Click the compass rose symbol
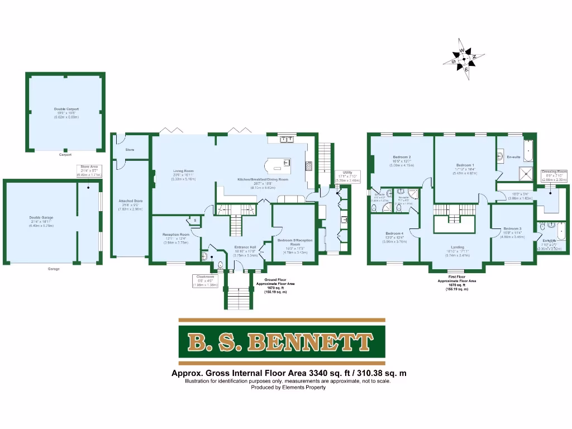(464, 58)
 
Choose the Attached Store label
(130, 204)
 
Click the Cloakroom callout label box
(206, 280)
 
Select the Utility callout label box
(343, 177)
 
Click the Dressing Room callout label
(554, 175)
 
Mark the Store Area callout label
(89, 170)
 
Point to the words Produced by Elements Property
(288, 387)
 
